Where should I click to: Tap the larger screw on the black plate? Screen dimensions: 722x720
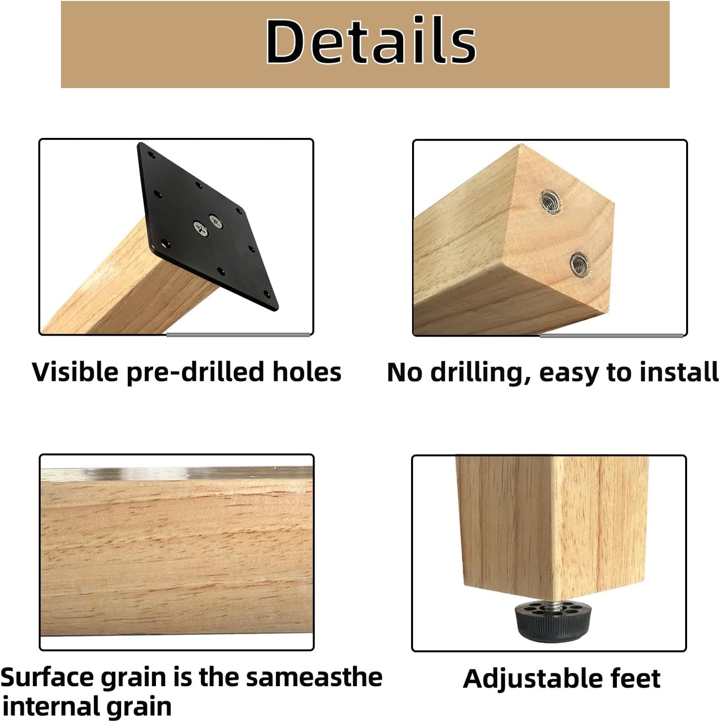199,229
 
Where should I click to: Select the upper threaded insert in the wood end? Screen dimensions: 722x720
550,200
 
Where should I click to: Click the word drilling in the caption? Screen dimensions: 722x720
479,373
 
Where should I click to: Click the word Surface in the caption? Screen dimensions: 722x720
48,677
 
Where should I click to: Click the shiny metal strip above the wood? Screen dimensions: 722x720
177,472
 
